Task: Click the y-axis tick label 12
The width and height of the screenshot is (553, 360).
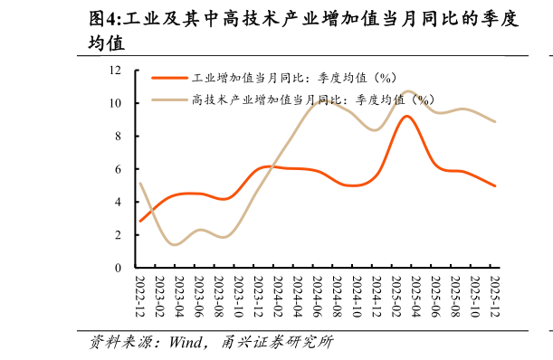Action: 116,70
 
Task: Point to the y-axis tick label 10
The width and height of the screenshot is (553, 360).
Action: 116,103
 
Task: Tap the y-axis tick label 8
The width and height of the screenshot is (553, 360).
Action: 119,137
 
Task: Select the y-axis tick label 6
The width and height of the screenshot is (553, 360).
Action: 119,169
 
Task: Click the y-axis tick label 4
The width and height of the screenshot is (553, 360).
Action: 119,203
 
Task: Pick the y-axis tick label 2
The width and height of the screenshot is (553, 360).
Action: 119,235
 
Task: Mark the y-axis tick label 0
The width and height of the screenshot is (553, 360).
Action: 119,269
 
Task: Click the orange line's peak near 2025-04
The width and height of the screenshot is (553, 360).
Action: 407,116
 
